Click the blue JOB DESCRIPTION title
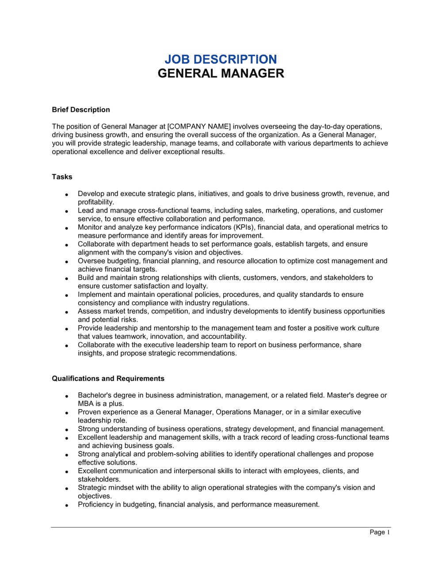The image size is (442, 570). [x=221, y=59]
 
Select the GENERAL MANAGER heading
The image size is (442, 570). [x=221, y=73]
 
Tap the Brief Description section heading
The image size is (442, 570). [x=81, y=110]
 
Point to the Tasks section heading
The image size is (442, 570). [x=62, y=177]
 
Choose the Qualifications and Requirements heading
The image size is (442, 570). [x=108, y=379]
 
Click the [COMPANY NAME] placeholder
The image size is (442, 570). [x=199, y=126]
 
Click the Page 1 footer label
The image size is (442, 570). [x=380, y=532]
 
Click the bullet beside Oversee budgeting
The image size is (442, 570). [x=66, y=262]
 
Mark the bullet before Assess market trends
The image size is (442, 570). [x=66, y=312]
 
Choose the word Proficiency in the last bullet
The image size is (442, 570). [x=95, y=504]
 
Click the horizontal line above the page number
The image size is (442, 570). [x=221, y=527]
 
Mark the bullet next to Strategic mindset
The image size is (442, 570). [x=66, y=488]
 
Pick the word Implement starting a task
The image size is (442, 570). [x=95, y=294]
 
